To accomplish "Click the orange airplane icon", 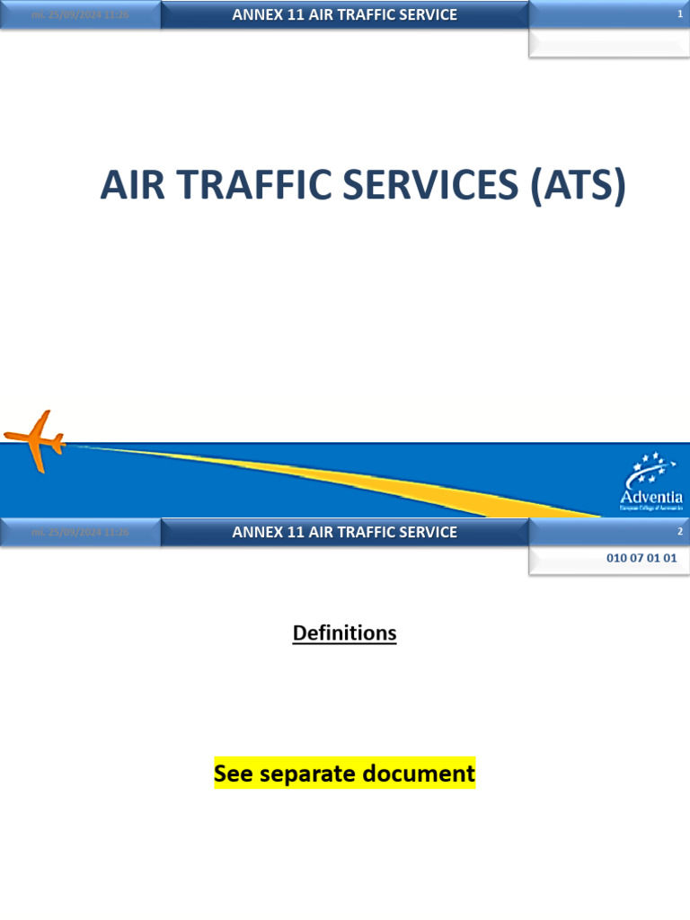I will click(x=36, y=439).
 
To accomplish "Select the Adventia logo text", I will click(x=651, y=497).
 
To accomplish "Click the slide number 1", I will click(x=679, y=14).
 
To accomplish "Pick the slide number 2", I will click(x=679, y=532).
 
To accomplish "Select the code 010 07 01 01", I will click(x=641, y=558).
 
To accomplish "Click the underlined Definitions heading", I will click(x=344, y=633).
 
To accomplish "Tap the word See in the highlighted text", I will click(x=234, y=774).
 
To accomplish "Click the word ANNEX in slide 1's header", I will click(x=256, y=14).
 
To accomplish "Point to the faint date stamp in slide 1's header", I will click(x=81, y=15).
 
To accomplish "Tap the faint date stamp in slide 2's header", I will click(x=81, y=533).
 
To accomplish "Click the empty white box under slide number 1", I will click(x=608, y=42).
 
